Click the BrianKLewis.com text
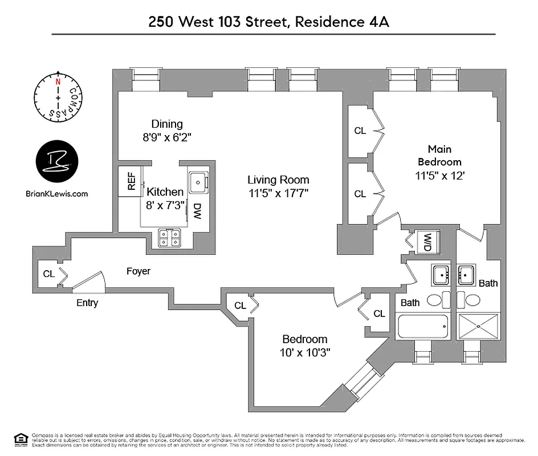click(57, 193)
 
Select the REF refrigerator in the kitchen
click(130, 182)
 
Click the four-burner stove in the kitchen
click(170, 237)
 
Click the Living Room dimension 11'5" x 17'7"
click(278, 193)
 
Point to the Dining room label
click(167, 124)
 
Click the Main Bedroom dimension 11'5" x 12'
click(439, 176)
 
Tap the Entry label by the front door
click(87, 303)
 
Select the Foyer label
click(138, 271)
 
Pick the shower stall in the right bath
click(479, 327)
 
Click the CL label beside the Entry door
click(49, 274)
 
